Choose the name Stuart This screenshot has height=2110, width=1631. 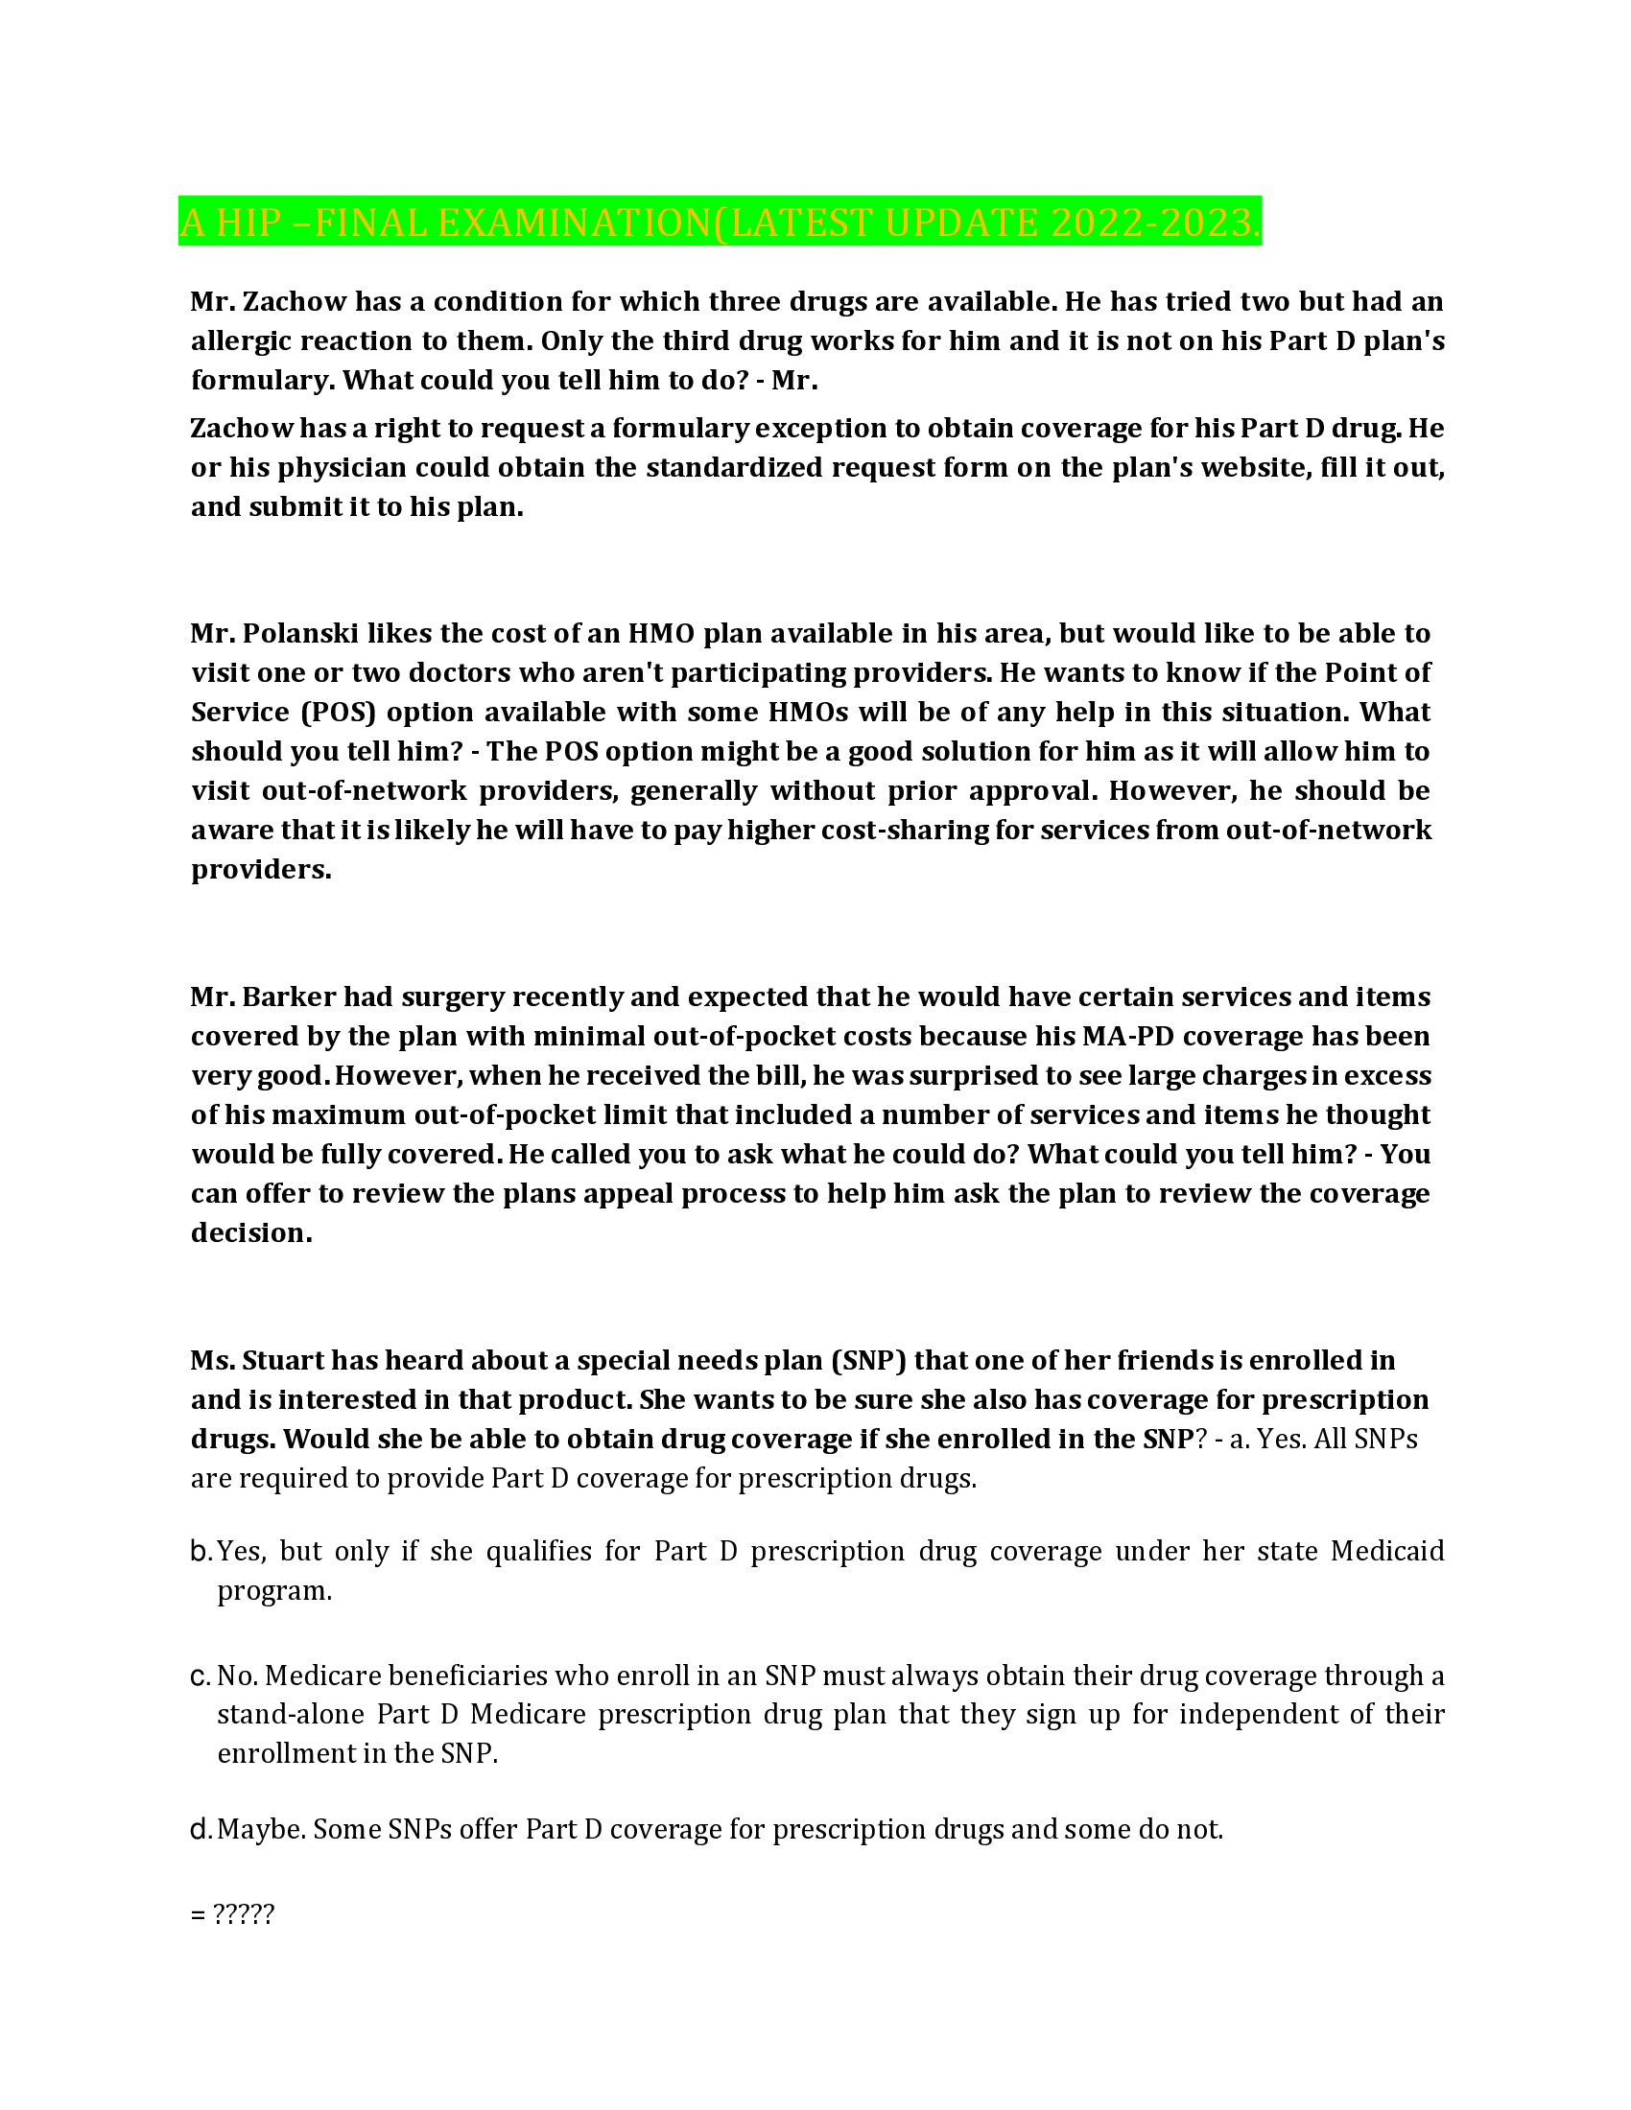283,1360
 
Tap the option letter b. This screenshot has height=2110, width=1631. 200,1552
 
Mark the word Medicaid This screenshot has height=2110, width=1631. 1386,1552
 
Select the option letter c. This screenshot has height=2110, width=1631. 200,1676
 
